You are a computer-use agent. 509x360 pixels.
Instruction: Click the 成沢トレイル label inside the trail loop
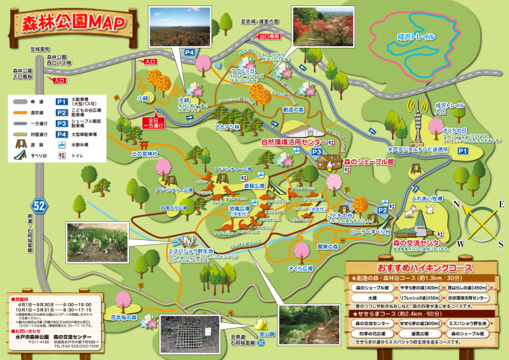(x=416, y=37)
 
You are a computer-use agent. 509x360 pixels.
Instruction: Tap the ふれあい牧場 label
(x=427, y=198)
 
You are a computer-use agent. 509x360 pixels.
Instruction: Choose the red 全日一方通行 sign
(x=156, y=122)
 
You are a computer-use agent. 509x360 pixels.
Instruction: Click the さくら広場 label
(x=300, y=267)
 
